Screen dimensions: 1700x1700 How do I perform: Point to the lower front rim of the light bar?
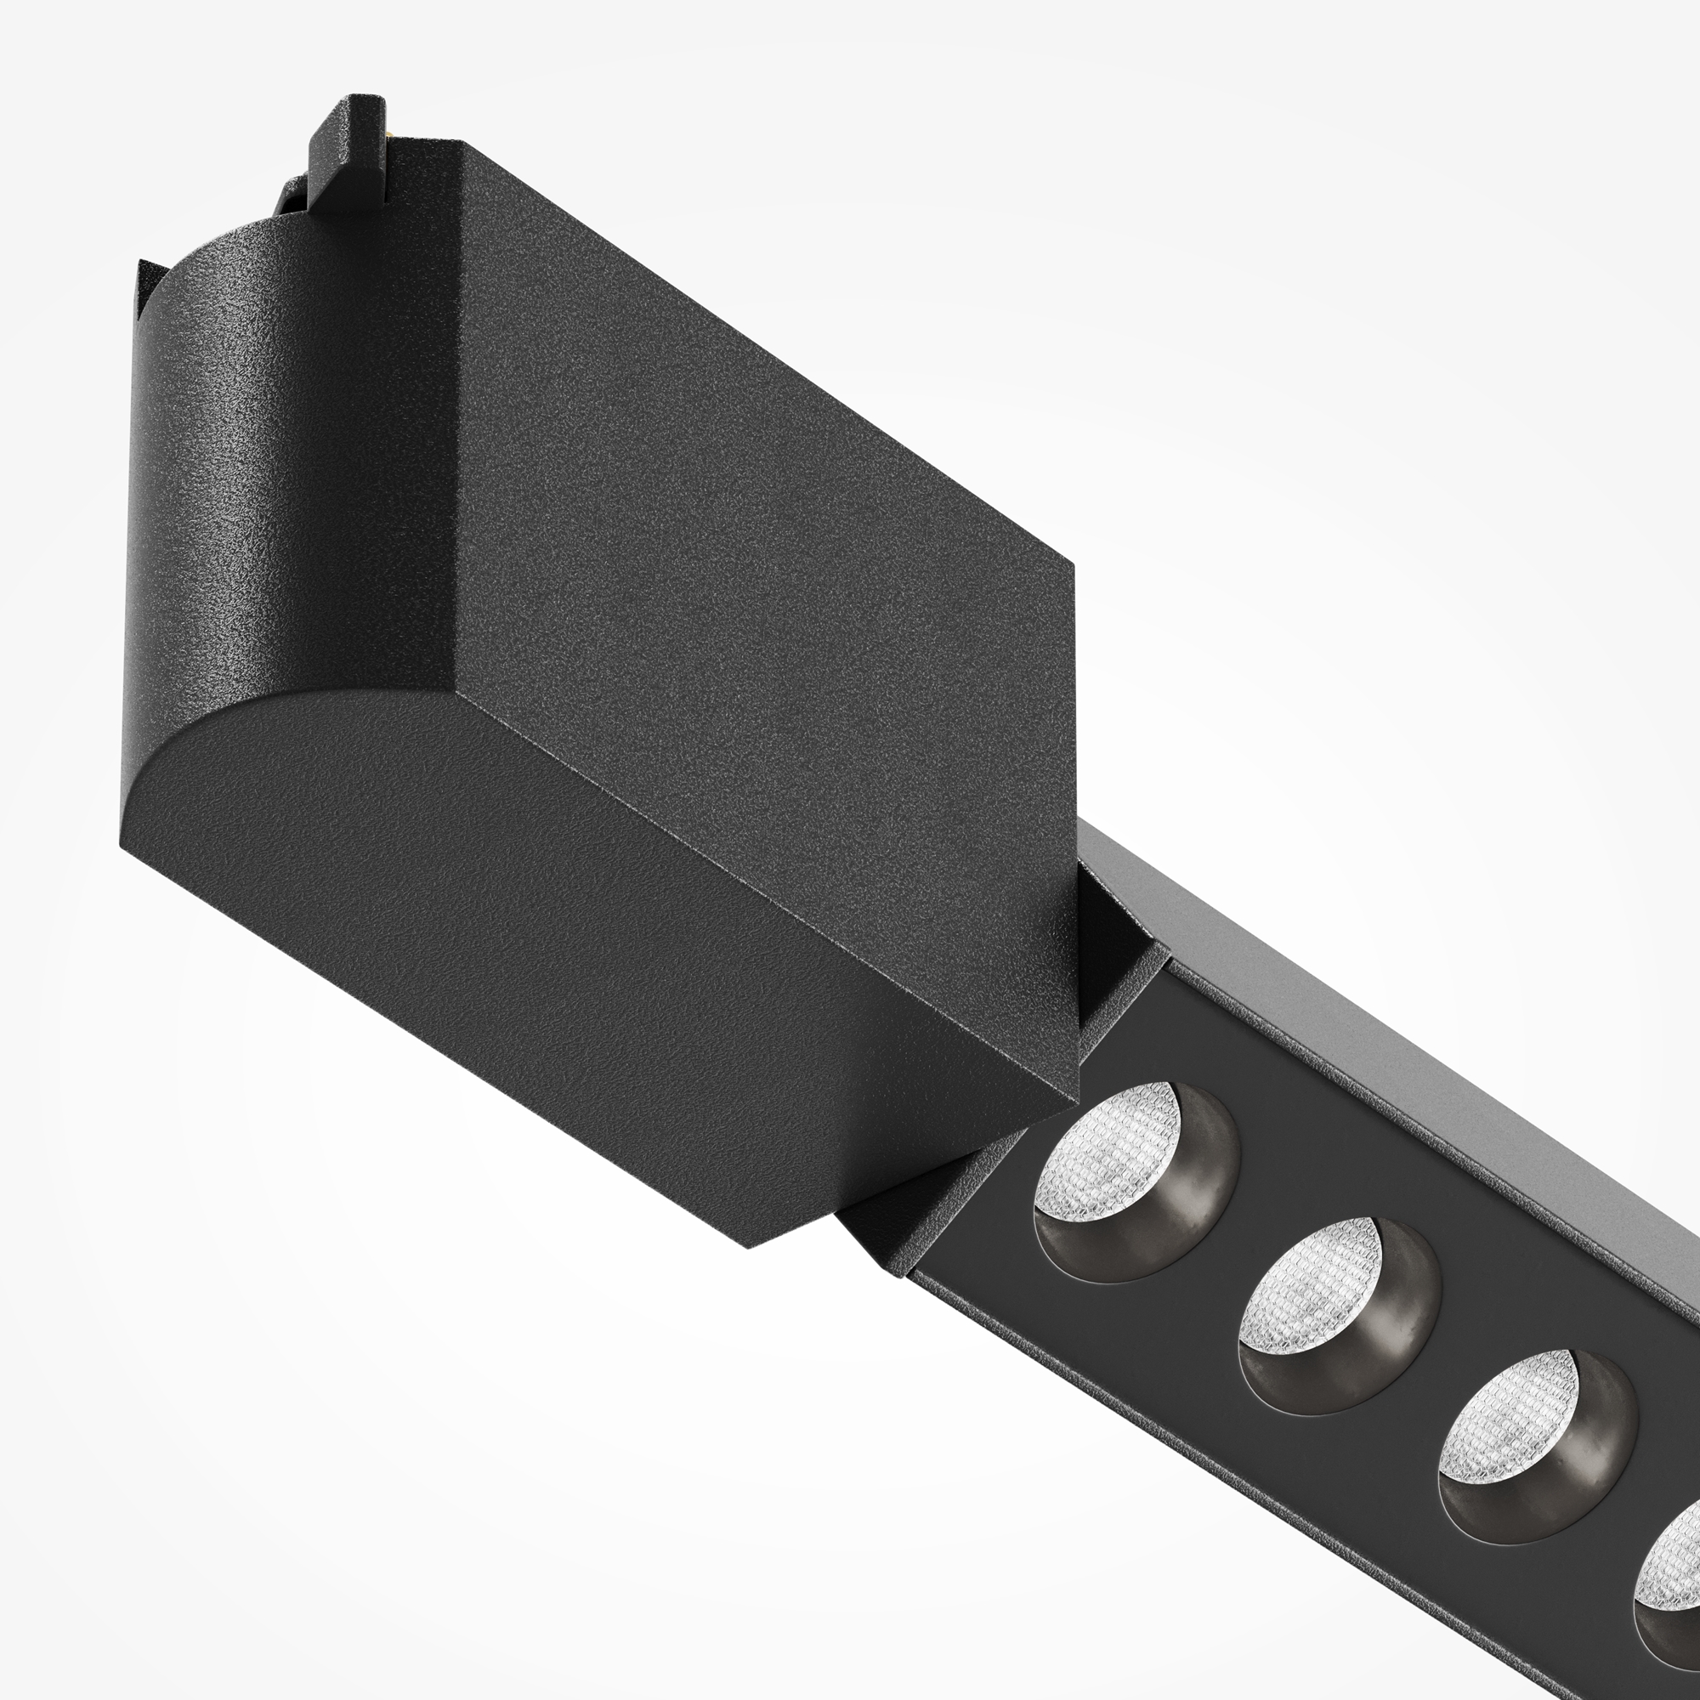(1232, 1443)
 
